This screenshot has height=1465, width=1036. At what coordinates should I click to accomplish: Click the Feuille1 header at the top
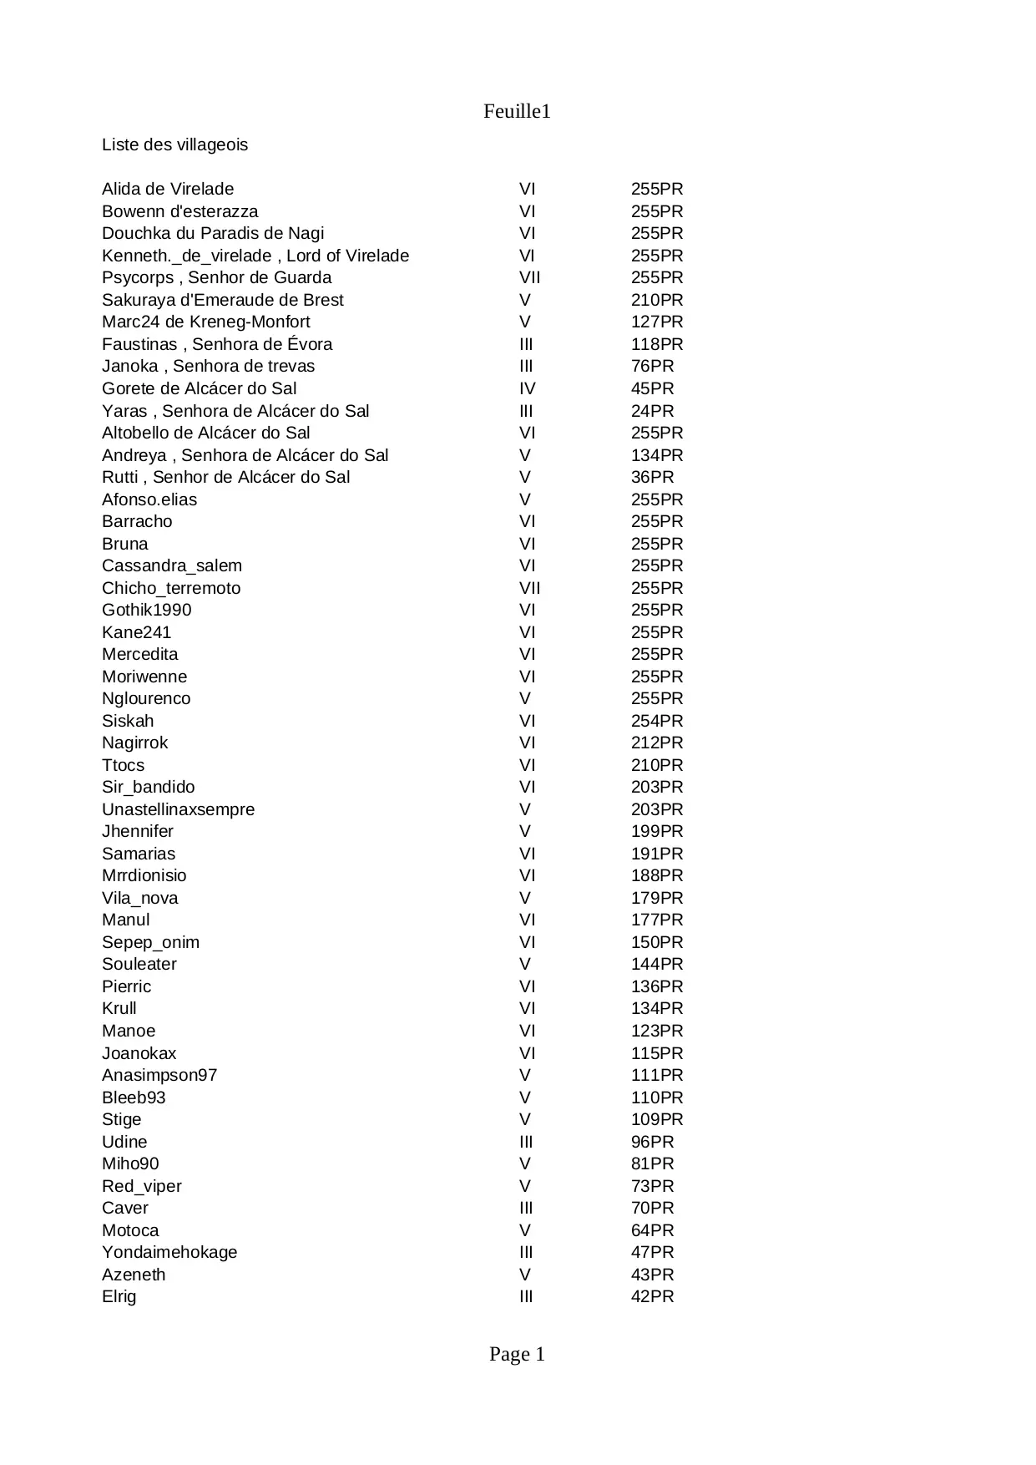tap(517, 112)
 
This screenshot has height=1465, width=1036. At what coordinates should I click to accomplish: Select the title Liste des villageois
tap(174, 145)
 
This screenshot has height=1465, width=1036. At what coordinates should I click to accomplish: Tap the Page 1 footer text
tap(517, 1355)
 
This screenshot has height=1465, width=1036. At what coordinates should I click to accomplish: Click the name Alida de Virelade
tap(168, 190)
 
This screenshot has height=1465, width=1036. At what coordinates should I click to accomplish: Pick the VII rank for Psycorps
tap(529, 278)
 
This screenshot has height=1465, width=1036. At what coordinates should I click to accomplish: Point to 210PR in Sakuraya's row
tap(656, 300)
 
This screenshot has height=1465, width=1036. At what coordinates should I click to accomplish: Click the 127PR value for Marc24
tap(656, 322)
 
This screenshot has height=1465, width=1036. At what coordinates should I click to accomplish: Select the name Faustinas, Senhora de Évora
tap(217, 344)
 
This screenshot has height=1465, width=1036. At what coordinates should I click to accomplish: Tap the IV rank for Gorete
tap(527, 388)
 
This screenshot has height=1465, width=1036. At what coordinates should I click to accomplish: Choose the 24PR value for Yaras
tap(652, 411)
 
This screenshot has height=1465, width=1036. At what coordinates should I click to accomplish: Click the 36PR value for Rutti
tap(652, 477)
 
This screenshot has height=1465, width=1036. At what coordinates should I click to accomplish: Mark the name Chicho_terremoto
tap(171, 588)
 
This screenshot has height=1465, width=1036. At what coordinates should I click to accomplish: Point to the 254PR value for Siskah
tap(656, 721)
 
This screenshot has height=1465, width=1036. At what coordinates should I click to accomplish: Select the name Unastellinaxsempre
tap(178, 809)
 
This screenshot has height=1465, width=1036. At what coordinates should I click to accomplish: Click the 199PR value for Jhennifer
tap(656, 831)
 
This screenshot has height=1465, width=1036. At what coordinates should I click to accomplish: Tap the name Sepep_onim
tap(150, 942)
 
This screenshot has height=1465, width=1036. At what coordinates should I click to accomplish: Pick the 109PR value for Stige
tap(656, 1119)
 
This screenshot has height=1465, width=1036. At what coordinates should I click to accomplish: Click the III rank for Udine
tap(526, 1142)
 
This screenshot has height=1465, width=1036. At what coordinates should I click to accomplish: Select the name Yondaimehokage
tap(169, 1252)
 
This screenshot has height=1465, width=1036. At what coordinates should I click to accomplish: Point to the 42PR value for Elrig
tap(652, 1296)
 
